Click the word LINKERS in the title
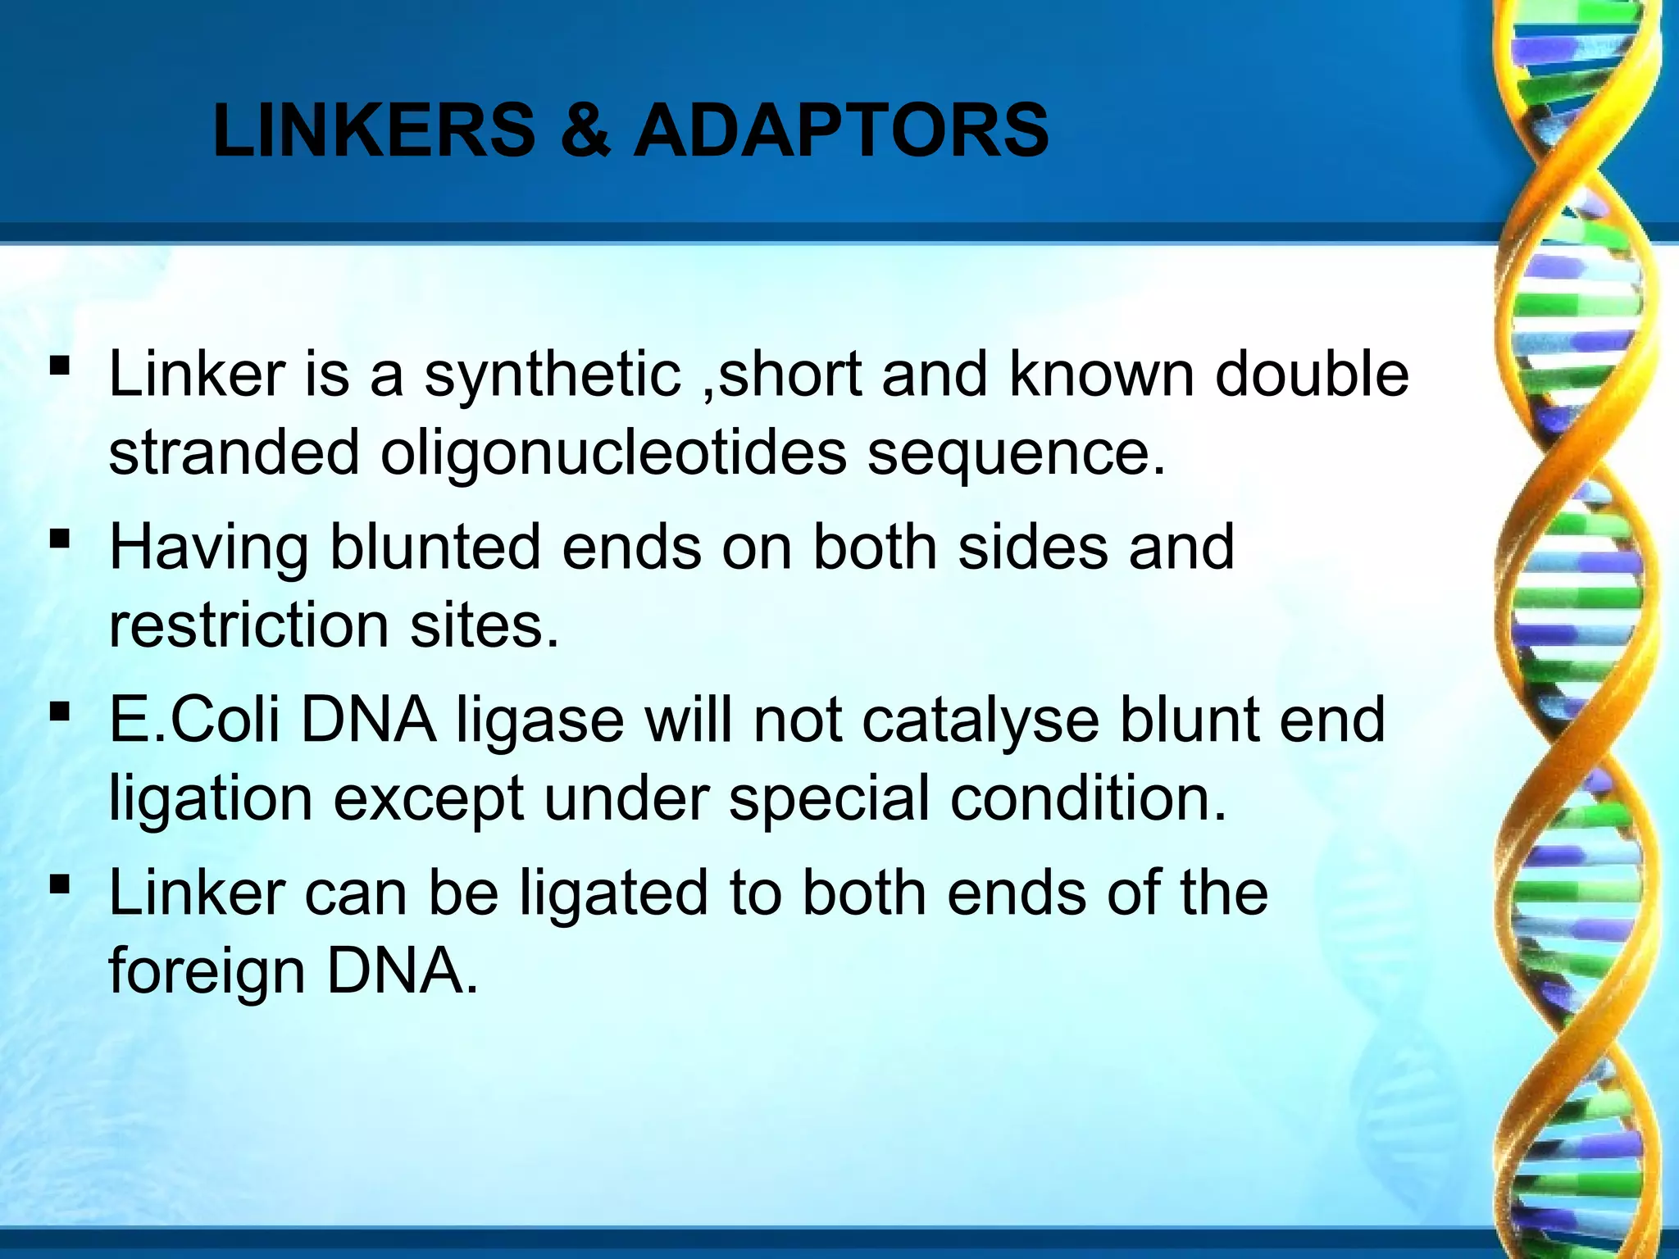(374, 130)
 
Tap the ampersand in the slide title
(585, 130)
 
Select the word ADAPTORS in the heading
(841, 130)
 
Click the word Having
(209, 548)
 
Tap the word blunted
(435, 547)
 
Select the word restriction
(249, 625)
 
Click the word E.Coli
(197, 720)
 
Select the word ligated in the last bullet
(614, 893)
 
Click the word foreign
(207, 972)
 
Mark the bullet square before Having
(59, 539)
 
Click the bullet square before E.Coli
(59, 711)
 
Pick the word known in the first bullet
(1101, 375)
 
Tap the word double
(1312, 375)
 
